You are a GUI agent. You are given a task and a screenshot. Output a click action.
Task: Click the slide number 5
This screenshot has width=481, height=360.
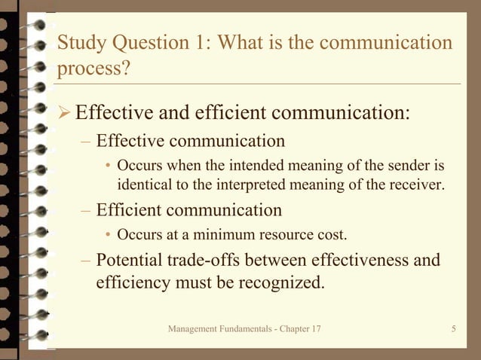[454, 329]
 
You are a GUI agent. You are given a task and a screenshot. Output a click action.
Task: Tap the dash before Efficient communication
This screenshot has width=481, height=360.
[86, 210]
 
